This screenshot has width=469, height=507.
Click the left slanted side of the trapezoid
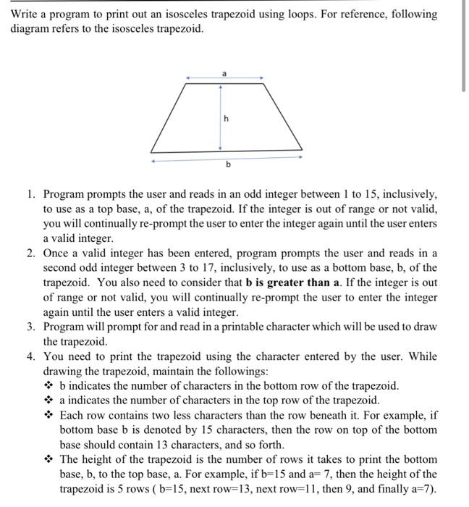168,117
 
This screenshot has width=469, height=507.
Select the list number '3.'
33,327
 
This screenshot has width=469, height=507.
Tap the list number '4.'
33,356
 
